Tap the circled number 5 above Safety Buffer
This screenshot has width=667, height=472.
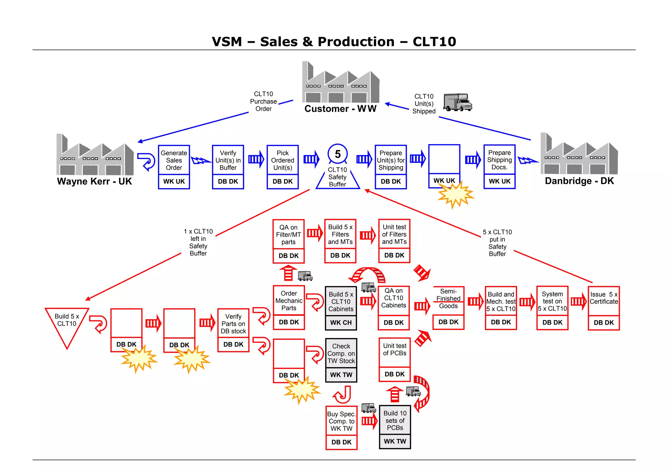(338, 154)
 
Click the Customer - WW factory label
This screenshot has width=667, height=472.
(340, 109)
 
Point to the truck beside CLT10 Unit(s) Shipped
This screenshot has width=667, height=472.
(458, 102)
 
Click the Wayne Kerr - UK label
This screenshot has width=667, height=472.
(94, 181)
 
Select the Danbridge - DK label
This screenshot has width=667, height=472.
(579, 181)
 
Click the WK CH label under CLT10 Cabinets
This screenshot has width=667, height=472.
(341, 322)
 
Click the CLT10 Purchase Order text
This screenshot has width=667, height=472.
(263, 101)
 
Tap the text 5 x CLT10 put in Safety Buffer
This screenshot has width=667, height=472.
(497, 243)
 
